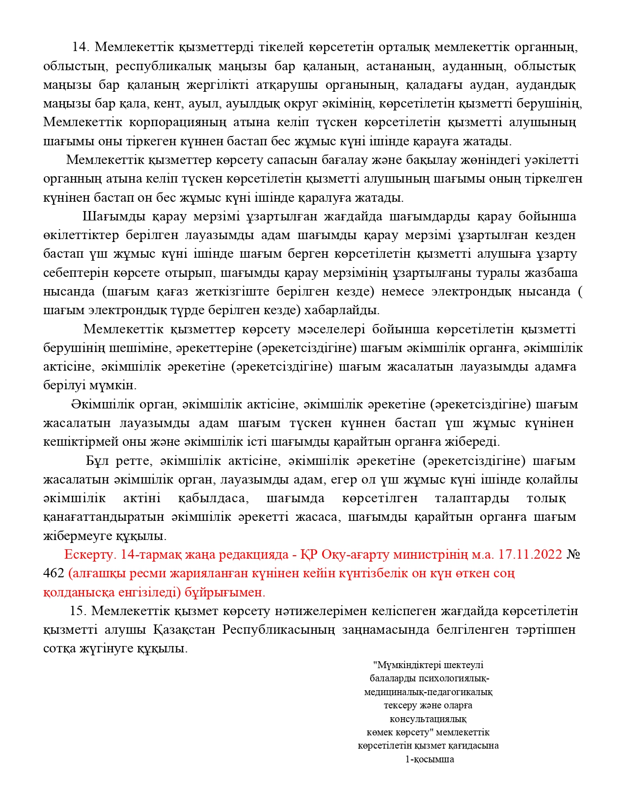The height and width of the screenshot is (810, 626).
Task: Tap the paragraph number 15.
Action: (x=78, y=611)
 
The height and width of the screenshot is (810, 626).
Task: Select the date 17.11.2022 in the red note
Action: (x=530, y=554)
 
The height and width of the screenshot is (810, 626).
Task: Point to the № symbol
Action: (x=573, y=554)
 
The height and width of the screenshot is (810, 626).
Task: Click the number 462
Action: (x=54, y=573)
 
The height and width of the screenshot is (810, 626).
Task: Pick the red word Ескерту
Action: (x=90, y=554)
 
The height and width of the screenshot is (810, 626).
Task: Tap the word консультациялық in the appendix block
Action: (x=428, y=719)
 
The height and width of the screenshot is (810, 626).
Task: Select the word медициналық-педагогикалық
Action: (x=428, y=692)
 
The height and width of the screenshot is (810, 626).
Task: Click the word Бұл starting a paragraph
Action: (x=97, y=461)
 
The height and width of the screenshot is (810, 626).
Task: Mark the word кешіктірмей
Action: (x=81, y=441)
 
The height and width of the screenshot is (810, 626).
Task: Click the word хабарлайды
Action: (x=342, y=310)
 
